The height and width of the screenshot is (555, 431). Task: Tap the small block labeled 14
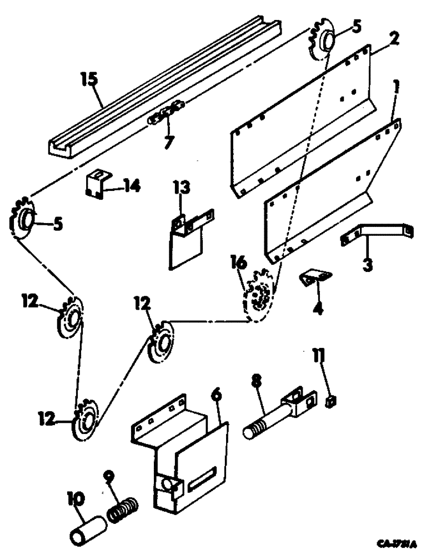[95, 184]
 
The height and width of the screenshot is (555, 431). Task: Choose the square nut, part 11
[331, 401]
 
